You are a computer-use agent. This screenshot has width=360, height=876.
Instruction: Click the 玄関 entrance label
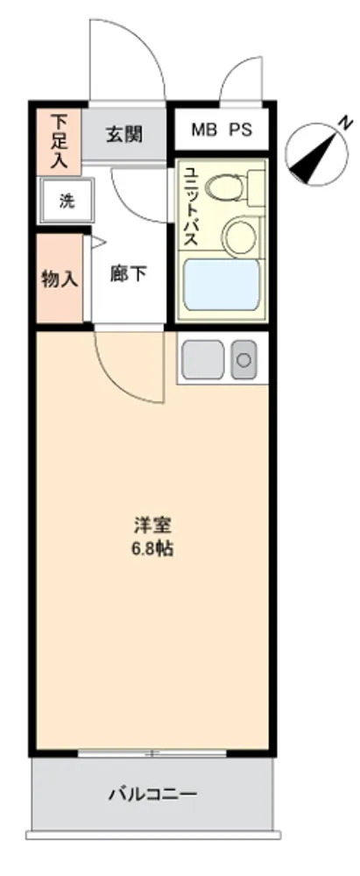pyautogui.click(x=124, y=134)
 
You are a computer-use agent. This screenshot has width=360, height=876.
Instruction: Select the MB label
pyautogui.click(x=203, y=130)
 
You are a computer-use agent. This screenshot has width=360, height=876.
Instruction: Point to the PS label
pyautogui.click(x=240, y=130)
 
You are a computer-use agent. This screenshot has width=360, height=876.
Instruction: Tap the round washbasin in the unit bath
pyautogui.click(x=240, y=235)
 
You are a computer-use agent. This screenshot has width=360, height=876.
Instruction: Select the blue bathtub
pyautogui.click(x=222, y=285)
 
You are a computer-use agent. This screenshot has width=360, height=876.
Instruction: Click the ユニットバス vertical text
pyautogui.click(x=191, y=207)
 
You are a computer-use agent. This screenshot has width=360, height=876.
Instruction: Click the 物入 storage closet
pyautogui.click(x=60, y=279)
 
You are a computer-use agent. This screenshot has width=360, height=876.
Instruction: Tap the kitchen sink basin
pyautogui.click(x=203, y=360)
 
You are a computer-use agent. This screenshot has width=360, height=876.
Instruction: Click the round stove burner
pyautogui.click(x=244, y=360)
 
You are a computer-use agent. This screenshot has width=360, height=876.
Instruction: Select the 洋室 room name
pyautogui.click(x=152, y=526)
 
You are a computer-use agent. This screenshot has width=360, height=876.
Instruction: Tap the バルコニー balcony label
pyautogui.click(x=152, y=793)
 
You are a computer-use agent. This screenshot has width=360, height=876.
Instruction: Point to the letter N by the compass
pyautogui.click(x=347, y=121)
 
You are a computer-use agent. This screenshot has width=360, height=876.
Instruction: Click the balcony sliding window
pyautogui.click(x=152, y=753)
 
